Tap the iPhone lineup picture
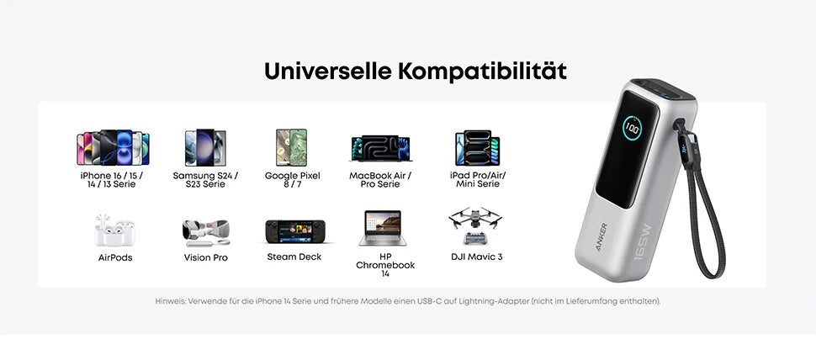click(x=112, y=148)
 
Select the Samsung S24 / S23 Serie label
click(x=205, y=180)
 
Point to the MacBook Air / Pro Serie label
click(x=380, y=180)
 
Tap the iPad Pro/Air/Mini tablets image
click(x=477, y=148)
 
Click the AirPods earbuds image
click(x=114, y=230)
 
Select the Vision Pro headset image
click(x=205, y=230)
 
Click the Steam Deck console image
click(x=294, y=230)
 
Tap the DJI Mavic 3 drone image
click(x=476, y=226)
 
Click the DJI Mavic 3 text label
click(x=477, y=257)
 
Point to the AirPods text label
click(x=115, y=257)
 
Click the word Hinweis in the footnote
click(x=170, y=301)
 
